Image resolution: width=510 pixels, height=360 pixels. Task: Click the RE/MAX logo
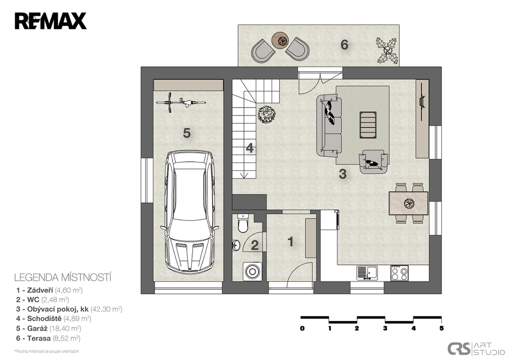coord(50,21)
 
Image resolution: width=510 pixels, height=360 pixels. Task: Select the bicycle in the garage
coord(181,103)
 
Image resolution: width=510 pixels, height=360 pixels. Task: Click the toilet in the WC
coord(243,223)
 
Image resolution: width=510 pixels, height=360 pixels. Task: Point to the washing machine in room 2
coord(252,270)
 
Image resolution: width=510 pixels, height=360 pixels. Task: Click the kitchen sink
coord(367,273)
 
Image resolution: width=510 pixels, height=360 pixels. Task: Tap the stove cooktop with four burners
coord(399,273)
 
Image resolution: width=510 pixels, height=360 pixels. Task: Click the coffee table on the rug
coord(368,125)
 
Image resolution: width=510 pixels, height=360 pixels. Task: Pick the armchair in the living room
coord(374,161)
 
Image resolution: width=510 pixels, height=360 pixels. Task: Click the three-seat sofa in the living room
coord(329,125)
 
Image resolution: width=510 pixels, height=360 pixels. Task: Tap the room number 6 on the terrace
coord(345,44)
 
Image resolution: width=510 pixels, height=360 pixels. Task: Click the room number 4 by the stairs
coord(250,148)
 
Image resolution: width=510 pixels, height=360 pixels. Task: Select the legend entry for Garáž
coord(48,329)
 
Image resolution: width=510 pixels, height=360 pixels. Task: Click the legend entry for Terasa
coord(48,338)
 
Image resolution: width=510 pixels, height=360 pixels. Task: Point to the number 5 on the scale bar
coord(442,328)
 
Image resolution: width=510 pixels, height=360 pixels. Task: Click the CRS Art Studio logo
coord(475,349)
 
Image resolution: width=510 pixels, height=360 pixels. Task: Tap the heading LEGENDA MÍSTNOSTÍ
coord(63,277)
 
